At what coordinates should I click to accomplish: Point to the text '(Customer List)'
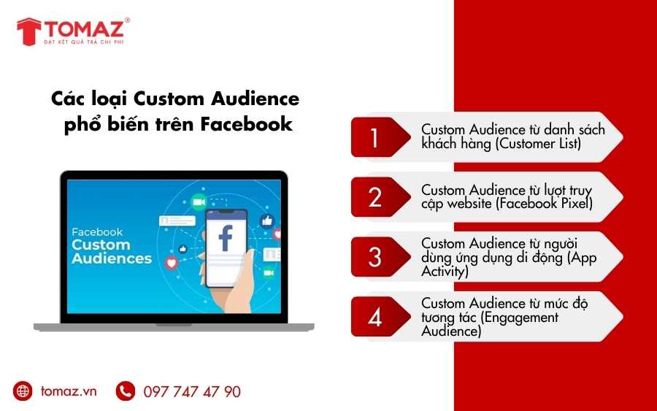(x=538, y=144)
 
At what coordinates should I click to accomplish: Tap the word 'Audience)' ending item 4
(x=451, y=331)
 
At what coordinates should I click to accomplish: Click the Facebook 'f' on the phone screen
(x=226, y=238)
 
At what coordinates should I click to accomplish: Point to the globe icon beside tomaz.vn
(x=23, y=391)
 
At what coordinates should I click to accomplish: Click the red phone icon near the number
(x=126, y=391)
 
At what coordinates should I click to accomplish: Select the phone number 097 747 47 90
(x=191, y=392)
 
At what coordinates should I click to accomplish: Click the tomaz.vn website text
(x=69, y=391)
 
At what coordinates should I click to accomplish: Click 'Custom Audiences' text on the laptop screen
(x=111, y=251)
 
